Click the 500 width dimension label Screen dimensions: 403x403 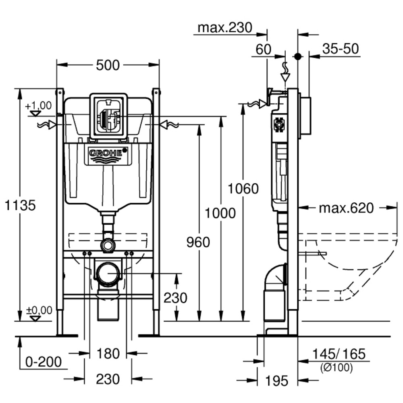point(108,65)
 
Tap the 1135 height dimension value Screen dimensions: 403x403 point(20,205)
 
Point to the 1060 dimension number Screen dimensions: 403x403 point(243,188)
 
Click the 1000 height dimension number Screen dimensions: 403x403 point(220,212)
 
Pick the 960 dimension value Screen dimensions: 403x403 point(198,242)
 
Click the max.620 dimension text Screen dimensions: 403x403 point(346,208)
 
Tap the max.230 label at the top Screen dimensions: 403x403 point(225,28)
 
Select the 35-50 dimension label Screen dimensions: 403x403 point(341,49)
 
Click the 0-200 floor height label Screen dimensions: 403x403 point(44,361)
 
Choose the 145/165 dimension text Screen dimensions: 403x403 point(339,354)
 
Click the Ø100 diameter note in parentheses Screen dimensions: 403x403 point(336,367)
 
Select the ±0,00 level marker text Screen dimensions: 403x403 point(39,310)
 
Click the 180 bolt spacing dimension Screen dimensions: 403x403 point(108,354)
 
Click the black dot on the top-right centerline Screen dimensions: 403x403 point(298,56)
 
